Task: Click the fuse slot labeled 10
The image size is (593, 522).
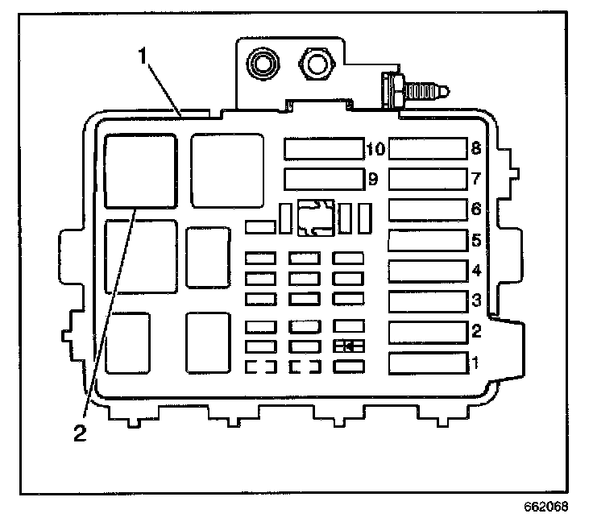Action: click(323, 149)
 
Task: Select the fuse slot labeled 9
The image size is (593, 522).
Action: click(323, 178)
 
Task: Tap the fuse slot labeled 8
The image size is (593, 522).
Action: click(428, 149)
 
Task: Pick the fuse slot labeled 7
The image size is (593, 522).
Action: click(428, 178)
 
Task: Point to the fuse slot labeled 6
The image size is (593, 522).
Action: click(428, 209)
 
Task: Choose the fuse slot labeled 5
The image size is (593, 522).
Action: click(428, 240)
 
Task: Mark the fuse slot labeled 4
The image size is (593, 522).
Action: click(428, 271)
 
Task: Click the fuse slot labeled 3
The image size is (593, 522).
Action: click(428, 302)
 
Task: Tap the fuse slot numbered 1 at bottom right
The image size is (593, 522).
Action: click(428, 363)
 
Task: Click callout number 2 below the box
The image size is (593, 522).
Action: click(80, 433)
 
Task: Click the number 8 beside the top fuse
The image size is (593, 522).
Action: click(477, 148)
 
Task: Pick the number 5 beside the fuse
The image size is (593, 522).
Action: click(477, 240)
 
